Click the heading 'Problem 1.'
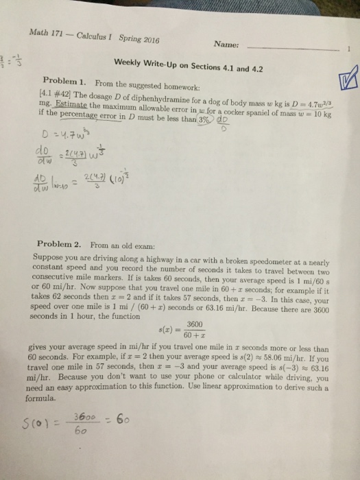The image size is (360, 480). tap(66, 80)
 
